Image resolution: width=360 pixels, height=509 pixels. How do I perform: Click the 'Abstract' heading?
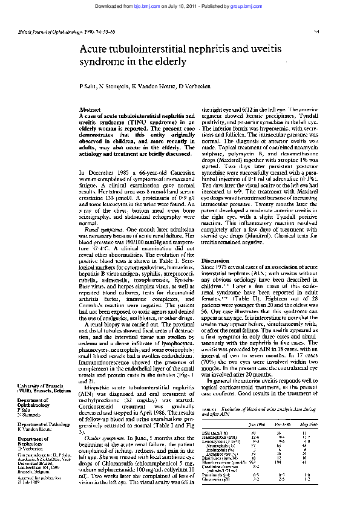(90, 109)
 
